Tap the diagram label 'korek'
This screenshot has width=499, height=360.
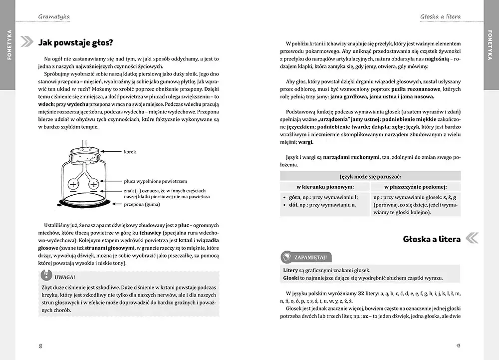pyautogui.click(x=130, y=151)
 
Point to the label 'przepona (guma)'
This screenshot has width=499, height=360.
pyautogui.click(x=142, y=204)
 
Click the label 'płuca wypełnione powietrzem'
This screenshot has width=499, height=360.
pyautogui.click(x=156, y=182)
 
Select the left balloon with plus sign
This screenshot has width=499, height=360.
pyautogui.click(x=73, y=185)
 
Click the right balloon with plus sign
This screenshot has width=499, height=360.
pyautogui.click(x=94, y=185)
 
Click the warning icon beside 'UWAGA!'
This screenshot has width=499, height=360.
pyautogui.click(x=45, y=275)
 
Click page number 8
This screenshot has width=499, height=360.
pyautogui.click(x=40, y=346)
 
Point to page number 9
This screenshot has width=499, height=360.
pyautogui.click(x=458, y=346)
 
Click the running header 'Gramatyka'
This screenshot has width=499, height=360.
pyautogui.click(x=54, y=16)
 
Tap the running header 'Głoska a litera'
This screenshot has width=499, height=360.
pyautogui.click(x=440, y=16)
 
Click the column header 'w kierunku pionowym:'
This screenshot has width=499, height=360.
pyautogui.click(x=325, y=187)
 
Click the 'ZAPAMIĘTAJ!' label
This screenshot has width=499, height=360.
pyautogui.click(x=311, y=257)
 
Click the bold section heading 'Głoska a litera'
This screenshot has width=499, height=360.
pyautogui.click(x=432, y=239)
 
